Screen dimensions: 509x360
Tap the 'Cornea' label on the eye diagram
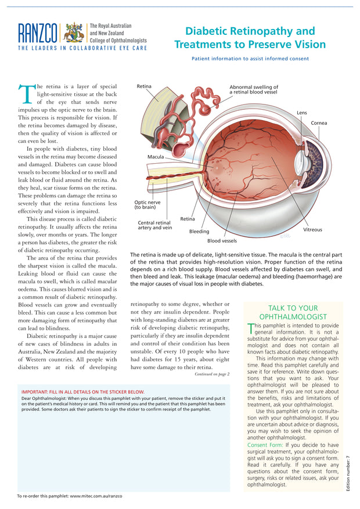click(319, 123)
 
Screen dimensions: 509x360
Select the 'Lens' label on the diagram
click(302, 113)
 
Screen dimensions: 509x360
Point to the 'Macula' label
click(155, 157)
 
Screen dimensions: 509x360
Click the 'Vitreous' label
click(312, 230)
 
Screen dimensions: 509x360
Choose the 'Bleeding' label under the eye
click(199, 232)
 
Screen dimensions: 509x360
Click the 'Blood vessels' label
click(222, 240)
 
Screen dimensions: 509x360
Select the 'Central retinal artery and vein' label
click(154, 225)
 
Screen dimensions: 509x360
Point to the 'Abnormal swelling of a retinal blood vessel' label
click(253, 89)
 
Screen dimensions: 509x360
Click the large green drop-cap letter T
click(26, 95)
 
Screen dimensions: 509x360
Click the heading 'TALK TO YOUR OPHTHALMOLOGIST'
click(293, 313)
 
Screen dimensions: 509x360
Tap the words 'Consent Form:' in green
click(265, 445)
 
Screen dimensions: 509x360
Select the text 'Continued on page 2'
click(212, 374)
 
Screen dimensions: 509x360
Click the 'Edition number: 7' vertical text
click(348, 474)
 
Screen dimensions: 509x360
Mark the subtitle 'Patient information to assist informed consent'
click(250, 59)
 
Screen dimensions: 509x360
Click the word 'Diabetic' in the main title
click(209, 31)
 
